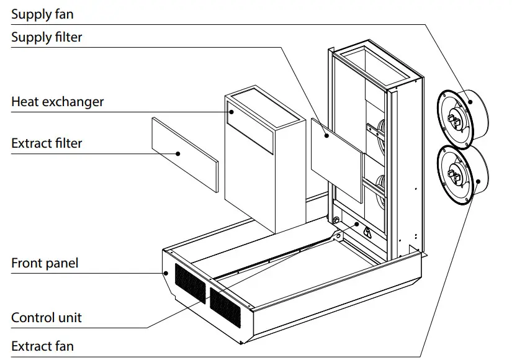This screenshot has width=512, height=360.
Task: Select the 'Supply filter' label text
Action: tap(47, 37)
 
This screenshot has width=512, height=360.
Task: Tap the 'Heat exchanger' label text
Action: tap(57, 102)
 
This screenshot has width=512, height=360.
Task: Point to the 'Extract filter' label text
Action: tap(47, 143)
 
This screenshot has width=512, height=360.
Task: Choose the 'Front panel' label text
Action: tap(45, 263)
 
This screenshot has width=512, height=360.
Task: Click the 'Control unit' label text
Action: tap(46, 318)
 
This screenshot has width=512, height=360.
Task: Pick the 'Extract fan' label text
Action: tap(43, 345)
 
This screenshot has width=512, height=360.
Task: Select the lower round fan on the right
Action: tap(462, 174)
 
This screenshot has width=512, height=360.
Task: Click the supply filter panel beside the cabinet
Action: tap(335, 158)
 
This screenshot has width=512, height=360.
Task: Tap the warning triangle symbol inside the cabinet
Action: tap(368, 233)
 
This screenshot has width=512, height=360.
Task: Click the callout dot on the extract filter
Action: tap(178, 153)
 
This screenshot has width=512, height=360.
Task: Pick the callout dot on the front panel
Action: tap(166, 272)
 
